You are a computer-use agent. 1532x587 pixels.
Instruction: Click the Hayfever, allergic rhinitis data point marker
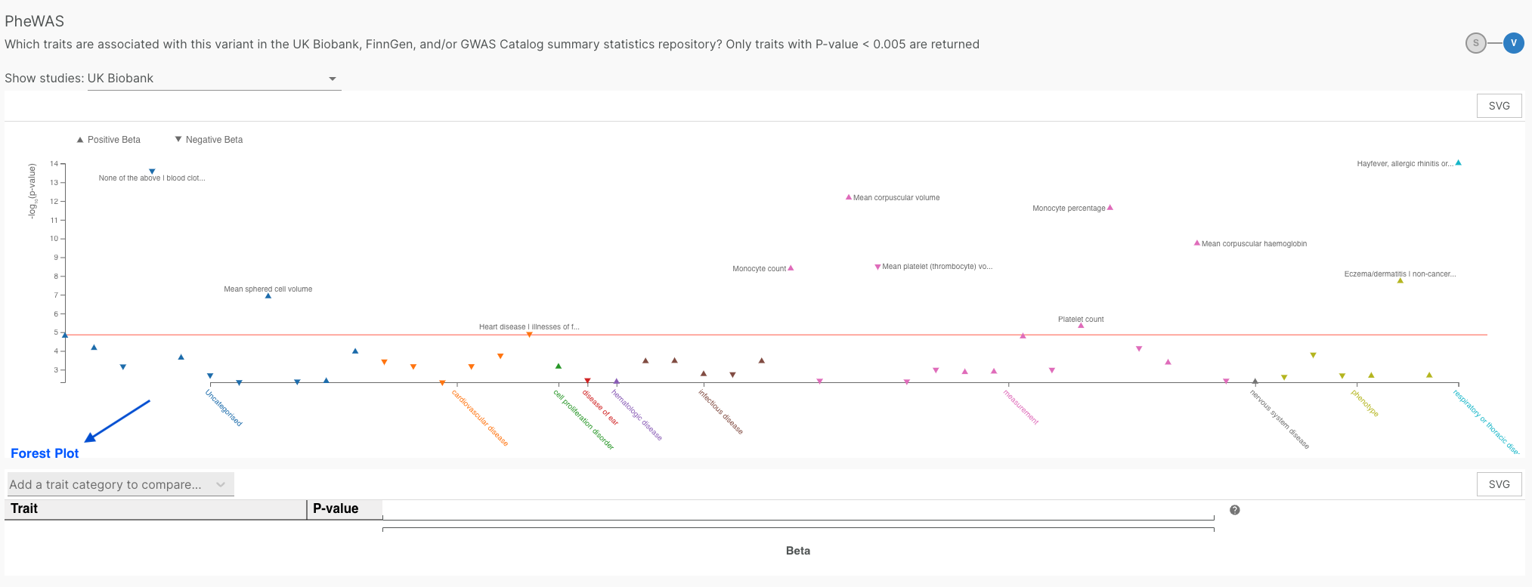pos(1458,162)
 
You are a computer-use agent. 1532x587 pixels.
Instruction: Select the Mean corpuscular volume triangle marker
pos(848,197)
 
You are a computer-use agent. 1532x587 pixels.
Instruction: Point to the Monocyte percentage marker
pos(1110,207)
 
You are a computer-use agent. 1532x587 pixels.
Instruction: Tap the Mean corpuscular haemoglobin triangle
pos(1196,243)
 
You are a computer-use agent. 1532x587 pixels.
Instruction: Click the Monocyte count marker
pos(791,267)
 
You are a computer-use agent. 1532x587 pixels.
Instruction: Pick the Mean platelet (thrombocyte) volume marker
pos(877,267)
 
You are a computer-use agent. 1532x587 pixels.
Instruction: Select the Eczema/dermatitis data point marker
pos(1400,280)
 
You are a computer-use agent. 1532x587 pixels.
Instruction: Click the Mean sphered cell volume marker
pos(268,296)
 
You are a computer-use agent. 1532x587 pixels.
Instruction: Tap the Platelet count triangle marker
pos(1081,326)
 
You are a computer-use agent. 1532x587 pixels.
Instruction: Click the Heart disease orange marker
pos(529,334)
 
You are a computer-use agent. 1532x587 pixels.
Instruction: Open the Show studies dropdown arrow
pos(332,79)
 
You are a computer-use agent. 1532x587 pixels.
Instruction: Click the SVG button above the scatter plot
pos(1499,106)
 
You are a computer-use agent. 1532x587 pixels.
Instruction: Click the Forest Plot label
pos(45,453)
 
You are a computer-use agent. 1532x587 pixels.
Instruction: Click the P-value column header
pos(336,508)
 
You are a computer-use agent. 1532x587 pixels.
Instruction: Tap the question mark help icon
pos(1234,510)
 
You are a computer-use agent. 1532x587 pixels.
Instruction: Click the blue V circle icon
pos(1513,43)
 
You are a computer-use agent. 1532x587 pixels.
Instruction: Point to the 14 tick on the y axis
pos(54,164)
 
